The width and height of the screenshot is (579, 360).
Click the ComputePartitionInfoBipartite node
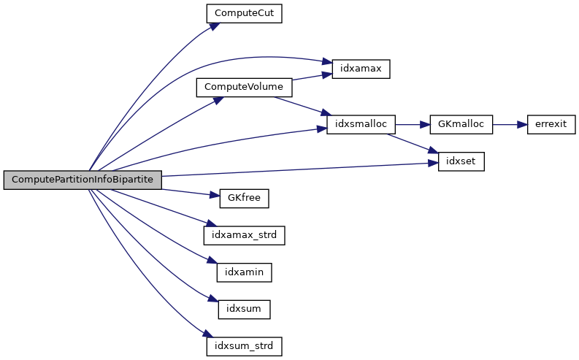[x=82, y=180]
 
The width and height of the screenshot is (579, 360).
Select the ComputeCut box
[x=244, y=13]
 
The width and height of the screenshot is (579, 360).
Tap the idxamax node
[x=361, y=69]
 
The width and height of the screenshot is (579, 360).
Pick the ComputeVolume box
[x=244, y=87]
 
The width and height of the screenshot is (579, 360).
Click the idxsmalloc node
[x=361, y=124]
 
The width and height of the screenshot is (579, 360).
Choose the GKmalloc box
[x=461, y=124]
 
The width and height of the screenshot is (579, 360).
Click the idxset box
[x=461, y=161]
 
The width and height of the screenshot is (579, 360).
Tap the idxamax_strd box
[x=244, y=234]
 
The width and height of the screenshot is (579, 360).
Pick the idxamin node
[x=244, y=272]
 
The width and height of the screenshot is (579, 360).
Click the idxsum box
[x=244, y=308]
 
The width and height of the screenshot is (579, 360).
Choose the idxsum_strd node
[x=244, y=345]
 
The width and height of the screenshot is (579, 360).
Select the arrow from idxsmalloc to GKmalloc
[x=413, y=124]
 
